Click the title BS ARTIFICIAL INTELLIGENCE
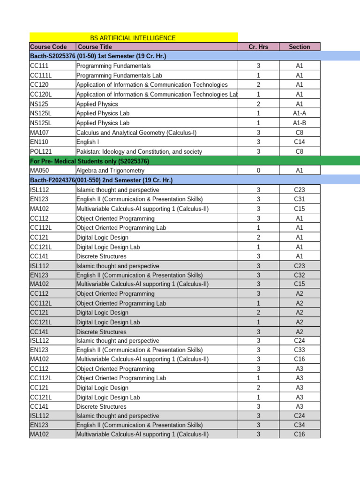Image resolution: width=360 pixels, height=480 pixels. [x=133, y=37]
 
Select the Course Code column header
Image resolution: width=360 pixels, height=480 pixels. [x=45, y=47]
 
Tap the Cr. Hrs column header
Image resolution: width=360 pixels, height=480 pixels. [x=258, y=47]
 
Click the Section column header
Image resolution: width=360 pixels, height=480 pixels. [x=300, y=47]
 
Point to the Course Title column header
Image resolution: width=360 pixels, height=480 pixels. [x=95, y=47]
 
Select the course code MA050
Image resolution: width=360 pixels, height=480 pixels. [x=39, y=171]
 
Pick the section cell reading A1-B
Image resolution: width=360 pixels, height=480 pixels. [x=300, y=123]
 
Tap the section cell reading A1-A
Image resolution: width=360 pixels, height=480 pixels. [x=300, y=113]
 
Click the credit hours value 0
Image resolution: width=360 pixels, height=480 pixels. [x=258, y=171]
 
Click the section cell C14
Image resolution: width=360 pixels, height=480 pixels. [x=300, y=142]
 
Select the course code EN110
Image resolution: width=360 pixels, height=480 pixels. [x=38, y=142]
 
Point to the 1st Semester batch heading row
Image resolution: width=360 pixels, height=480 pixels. [x=98, y=56]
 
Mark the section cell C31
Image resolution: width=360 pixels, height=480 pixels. [x=300, y=199]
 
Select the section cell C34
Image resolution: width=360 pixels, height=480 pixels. [x=300, y=425]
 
